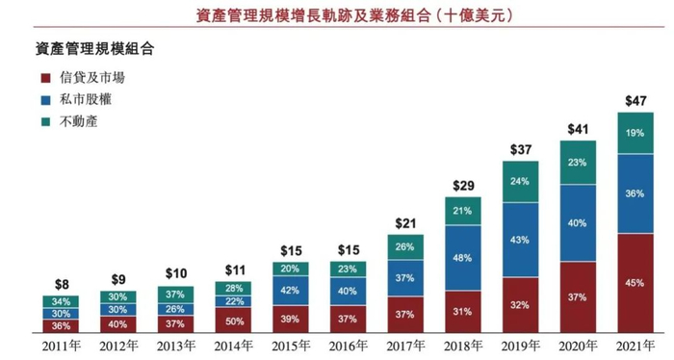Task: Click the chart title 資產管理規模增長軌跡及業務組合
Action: coord(337,14)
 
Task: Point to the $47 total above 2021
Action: coord(635,100)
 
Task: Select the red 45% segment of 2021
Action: coord(635,283)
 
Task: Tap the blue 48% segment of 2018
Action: coord(463,258)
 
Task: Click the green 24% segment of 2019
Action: coord(520,181)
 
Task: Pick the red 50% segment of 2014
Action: coord(233,321)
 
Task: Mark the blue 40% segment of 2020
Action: coord(578,222)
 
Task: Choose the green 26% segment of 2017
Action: coord(405,246)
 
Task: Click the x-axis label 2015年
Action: coord(290,346)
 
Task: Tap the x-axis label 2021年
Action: coord(635,346)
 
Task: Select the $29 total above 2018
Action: coord(463,184)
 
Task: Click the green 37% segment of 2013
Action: coord(175,294)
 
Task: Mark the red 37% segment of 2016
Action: coord(348,320)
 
